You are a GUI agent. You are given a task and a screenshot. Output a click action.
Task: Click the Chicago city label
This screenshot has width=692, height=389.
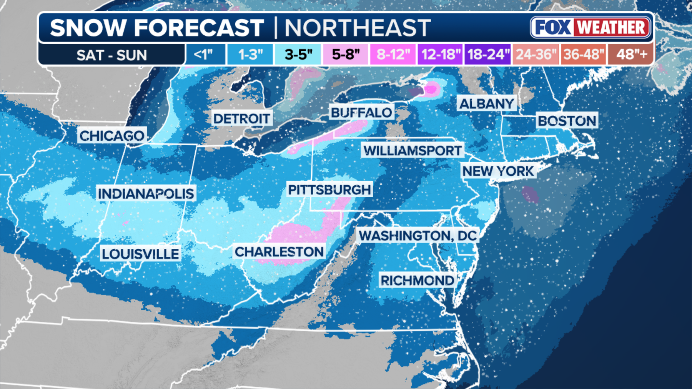[x=112, y=136]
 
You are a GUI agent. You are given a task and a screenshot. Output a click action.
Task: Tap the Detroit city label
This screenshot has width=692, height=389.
[x=242, y=119]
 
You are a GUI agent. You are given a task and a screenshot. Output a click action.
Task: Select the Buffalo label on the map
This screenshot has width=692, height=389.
[x=361, y=113]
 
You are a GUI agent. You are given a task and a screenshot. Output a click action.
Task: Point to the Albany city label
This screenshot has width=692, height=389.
[x=487, y=104]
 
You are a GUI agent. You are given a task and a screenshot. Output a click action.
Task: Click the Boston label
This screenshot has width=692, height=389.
[x=567, y=121]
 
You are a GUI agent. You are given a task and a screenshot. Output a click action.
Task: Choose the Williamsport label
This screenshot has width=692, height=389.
[x=413, y=151]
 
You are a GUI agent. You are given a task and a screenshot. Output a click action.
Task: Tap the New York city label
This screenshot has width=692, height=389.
[x=498, y=171]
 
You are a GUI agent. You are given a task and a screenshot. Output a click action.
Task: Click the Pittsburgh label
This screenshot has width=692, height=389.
[x=330, y=190]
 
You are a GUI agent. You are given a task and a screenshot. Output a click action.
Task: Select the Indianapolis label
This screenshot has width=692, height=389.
[x=146, y=194]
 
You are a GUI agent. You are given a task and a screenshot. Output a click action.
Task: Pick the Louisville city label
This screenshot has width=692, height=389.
[x=140, y=254]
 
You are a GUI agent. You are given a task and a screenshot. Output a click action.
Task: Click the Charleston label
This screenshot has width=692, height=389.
[x=279, y=252]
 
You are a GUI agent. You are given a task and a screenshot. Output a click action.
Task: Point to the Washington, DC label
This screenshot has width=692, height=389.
[x=418, y=236]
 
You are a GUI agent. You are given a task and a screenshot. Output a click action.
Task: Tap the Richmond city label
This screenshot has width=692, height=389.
[x=418, y=281]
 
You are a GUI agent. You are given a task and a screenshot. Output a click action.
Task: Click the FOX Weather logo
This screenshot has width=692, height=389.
[x=590, y=28]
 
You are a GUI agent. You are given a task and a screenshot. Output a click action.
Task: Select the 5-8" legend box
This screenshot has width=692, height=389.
[x=346, y=55]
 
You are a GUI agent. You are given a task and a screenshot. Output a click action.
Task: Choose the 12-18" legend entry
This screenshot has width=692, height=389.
[x=441, y=55]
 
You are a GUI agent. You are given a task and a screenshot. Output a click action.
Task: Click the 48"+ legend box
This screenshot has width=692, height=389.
[x=632, y=55]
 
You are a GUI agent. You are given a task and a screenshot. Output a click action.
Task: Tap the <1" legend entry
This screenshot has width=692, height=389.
[x=204, y=55]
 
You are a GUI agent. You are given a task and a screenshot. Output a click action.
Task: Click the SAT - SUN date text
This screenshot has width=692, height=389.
[x=111, y=55]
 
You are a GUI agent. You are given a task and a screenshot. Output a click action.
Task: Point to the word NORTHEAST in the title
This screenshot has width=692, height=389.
[x=357, y=28]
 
